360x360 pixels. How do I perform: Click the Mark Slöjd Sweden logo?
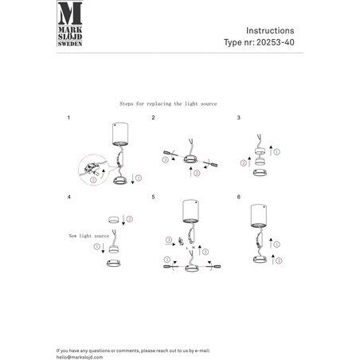[70, 24]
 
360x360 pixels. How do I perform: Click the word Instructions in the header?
[270, 30]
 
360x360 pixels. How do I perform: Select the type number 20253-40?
[276, 42]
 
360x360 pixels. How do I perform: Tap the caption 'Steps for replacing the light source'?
[168, 104]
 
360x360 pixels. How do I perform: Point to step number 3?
[238, 118]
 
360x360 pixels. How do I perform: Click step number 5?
[153, 197]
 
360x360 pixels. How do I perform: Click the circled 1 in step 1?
[139, 178]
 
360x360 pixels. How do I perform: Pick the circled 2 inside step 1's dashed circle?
[93, 180]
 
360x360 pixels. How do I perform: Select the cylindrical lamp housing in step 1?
[120, 134]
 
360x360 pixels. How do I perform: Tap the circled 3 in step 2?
[166, 160]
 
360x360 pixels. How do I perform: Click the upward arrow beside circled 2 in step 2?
[190, 172]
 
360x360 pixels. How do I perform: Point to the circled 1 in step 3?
[277, 152]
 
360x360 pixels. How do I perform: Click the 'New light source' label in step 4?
[89, 236]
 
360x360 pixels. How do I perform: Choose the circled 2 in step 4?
[130, 219]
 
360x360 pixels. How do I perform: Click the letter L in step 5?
[187, 248]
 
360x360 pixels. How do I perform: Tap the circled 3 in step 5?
[169, 240]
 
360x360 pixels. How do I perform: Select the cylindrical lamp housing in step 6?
[259, 216]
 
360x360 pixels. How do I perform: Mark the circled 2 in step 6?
[279, 260]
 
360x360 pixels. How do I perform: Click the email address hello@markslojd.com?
[80, 358]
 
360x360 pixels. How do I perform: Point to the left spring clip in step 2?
[167, 153]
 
